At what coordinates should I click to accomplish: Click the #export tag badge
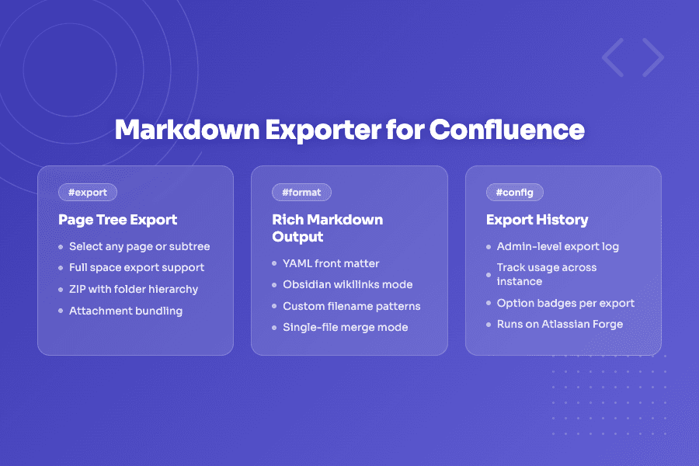click(x=88, y=192)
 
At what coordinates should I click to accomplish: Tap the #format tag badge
click(x=302, y=192)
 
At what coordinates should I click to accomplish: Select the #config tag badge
click(x=515, y=192)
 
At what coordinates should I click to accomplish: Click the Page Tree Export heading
click(x=118, y=220)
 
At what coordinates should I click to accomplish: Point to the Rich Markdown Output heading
click(x=327, y=228)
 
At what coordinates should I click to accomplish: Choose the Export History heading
click(x=537, y=220)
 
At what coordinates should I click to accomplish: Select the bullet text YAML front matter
click(x=331, y=263)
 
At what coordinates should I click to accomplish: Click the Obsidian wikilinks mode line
click(x=347, y=284)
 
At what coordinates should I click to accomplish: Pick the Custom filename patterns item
click(x=351, y=306)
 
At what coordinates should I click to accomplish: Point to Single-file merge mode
click(x=345, y=327)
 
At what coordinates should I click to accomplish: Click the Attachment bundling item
click(x=126, y=311)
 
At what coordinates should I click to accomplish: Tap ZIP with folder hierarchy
click(x=134, y=289)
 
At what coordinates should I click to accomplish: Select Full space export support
click(x=137, y=267)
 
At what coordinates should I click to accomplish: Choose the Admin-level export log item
click(x=558, y=246)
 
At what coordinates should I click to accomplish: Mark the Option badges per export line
click(x=565, y=303)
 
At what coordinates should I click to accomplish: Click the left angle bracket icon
click(x=613, y=57)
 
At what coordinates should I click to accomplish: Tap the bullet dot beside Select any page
click(x=61, y=247)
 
